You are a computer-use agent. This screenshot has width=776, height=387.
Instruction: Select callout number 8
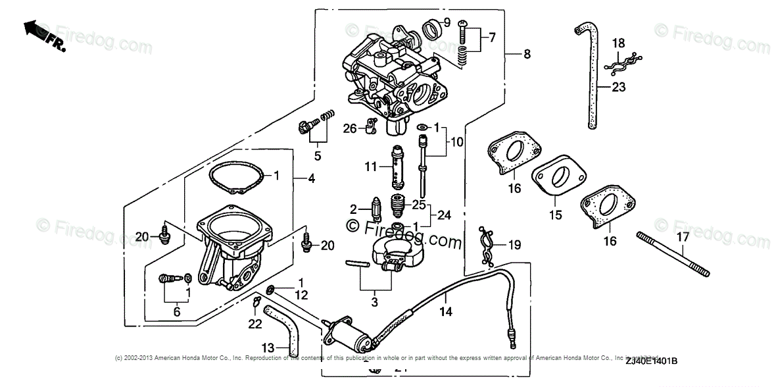click(526, 55)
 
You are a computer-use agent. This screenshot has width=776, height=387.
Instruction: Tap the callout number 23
click(618, 86)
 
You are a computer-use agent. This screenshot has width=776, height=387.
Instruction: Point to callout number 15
click(555, 215)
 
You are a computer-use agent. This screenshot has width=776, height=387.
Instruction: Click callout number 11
click(371, 168)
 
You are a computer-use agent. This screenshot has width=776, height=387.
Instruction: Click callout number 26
click(351, 128)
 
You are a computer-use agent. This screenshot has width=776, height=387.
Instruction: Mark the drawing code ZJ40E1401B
click(651, 360)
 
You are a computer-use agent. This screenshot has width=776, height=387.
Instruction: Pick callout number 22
click(255, 324)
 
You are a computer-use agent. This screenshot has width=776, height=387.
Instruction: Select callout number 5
click(317, 156)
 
